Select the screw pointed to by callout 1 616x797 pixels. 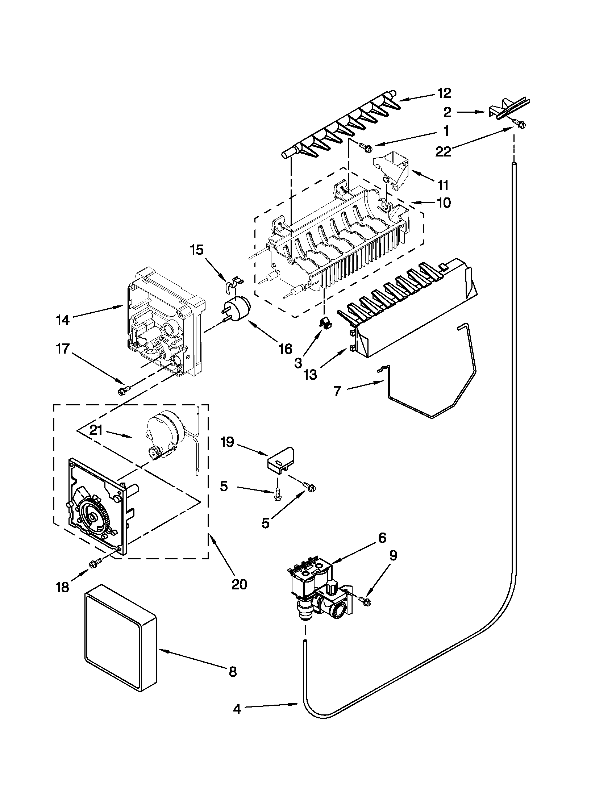coord(366,147)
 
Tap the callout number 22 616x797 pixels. coord(444,151)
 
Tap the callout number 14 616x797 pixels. coord(63,320)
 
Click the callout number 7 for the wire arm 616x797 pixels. coord(337,392)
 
